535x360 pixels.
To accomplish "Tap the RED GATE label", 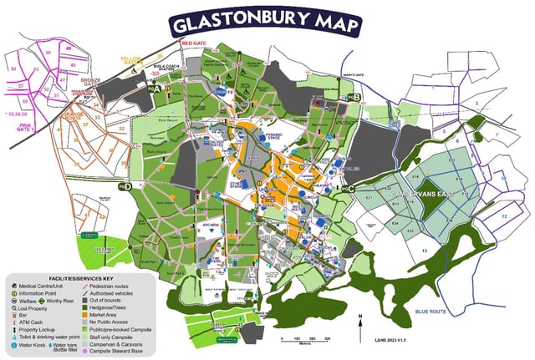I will coord(193,43).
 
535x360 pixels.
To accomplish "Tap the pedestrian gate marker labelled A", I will coord(154,87).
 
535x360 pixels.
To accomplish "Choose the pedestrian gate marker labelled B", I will coord(355,98).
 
